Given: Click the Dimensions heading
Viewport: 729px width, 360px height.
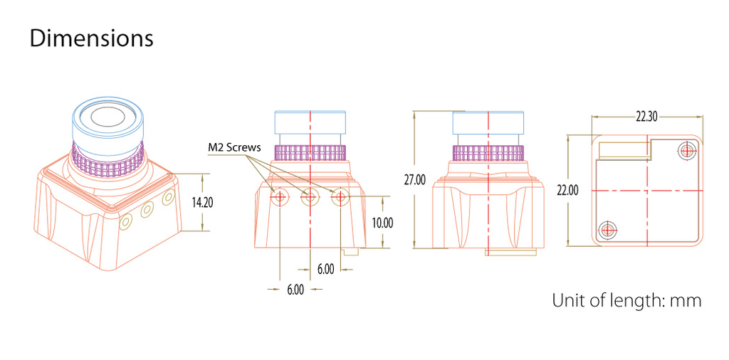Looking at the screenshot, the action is [91, 38].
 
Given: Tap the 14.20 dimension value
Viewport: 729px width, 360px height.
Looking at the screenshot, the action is [202, 203].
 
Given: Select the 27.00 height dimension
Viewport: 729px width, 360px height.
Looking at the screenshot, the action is [414, 180].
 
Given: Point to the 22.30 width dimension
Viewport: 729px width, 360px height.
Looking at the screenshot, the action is [646, 117].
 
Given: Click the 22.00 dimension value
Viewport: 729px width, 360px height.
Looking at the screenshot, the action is [567, 190].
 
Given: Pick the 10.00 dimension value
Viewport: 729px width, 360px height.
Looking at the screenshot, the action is [382, 223].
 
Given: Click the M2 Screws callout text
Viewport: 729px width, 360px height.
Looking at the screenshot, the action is [234, 148].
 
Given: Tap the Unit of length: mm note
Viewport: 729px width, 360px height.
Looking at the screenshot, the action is [626, 300].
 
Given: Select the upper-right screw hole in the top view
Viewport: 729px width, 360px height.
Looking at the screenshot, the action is [687, 151].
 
